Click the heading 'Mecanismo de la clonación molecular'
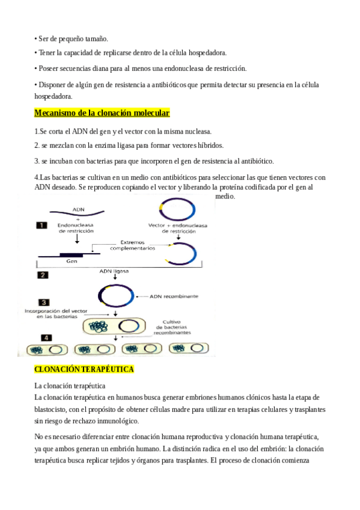(x=102, y=113)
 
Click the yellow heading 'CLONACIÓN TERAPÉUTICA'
(x=84, y=369)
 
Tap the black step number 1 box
(x=41, y=226)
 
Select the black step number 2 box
(x=43, y=275)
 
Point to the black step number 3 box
(x=44, y=303)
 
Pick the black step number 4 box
(x=46, y=338)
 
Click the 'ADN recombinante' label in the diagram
(x=174, y=296)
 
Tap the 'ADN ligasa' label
(x=114, y=271)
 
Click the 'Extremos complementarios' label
(x=133, y=245)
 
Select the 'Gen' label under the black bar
(x=72, y=261)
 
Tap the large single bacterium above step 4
(x=114, y=327)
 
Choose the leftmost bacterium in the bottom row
(x=47, y=350)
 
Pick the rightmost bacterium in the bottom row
(x=189, y=348)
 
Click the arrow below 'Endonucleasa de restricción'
(x=77, y=239)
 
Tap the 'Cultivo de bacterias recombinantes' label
(x=172, y=327)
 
